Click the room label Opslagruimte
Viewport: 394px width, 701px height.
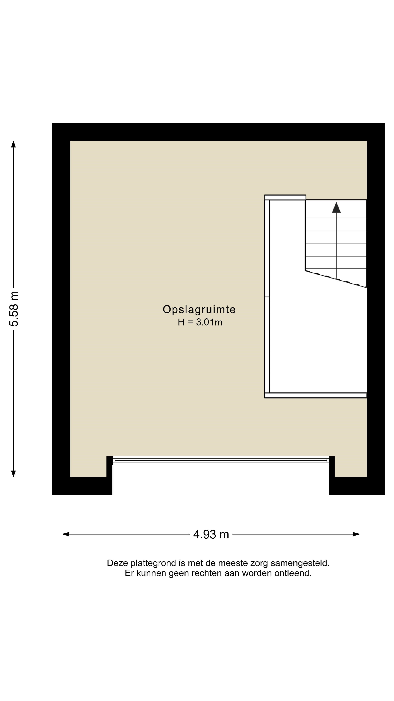click(199, 310)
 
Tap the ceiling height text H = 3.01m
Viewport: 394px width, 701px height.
click(200, 322)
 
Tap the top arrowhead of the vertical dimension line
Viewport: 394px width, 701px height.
click(13, 144)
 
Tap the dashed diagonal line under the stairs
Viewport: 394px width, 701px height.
click(336, 279)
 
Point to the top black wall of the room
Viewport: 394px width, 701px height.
click(218, 132)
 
